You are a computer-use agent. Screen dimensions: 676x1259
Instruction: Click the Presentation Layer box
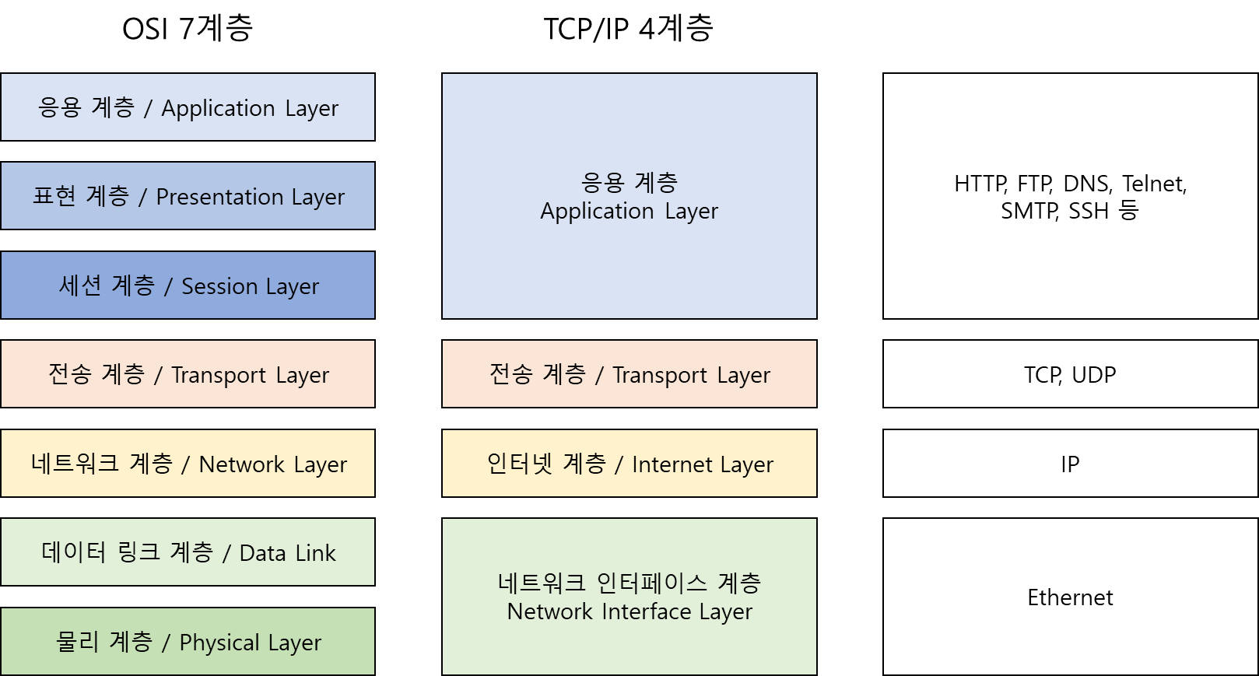(188, 196)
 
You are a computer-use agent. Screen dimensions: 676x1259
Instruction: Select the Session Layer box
(188, 285)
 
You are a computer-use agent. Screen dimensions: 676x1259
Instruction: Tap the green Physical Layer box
(188, 641)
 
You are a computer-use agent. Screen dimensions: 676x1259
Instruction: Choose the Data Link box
(188, 552)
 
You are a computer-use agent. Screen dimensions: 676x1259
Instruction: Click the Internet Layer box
(629, 464)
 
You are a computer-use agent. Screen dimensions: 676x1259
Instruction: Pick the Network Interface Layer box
(629, 597)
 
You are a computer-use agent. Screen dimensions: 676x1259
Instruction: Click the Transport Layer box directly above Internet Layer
(629, 374)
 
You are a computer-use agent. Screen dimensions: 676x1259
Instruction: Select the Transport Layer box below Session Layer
(188, 374)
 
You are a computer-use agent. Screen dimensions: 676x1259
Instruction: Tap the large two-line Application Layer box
(629, 196)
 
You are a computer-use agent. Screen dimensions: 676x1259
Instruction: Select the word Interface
(647, 611)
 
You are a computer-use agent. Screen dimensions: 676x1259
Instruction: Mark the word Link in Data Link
(315, 553)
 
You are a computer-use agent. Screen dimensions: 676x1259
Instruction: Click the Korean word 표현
(54, 195)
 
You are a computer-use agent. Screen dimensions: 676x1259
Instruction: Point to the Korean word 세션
(80, 285)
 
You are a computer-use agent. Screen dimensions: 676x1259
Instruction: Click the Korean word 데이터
(73, 552)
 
